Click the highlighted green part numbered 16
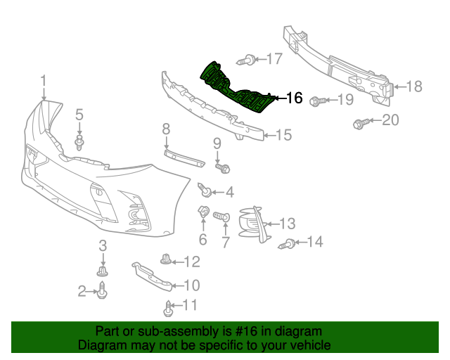click(236, 87)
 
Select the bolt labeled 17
click(247, 60)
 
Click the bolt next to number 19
click(316, 101)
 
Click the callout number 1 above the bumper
click(44, 81)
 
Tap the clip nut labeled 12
click(166, 260)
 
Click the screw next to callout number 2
click(103, 290)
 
